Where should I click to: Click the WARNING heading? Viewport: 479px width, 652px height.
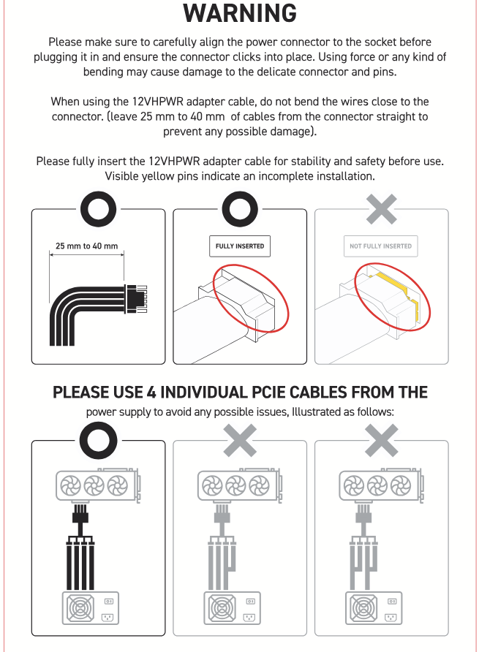pyautogui.click(x=240, y=13)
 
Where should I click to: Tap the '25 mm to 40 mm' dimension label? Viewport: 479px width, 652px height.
pyautogui.click(x=86, y=246)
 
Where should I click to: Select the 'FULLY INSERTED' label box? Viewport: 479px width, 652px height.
pyautogui.click(x=240, y=246)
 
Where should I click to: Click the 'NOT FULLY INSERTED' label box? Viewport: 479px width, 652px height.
pyautogui.click(x=380, y=246)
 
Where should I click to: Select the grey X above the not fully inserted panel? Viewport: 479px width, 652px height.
pyautogui.click(x=381, y=209)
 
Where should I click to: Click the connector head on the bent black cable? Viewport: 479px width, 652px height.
pyautogui.click(x=136, y=298)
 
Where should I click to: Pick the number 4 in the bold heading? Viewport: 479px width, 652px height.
pyautogui.click(x=151, y=393)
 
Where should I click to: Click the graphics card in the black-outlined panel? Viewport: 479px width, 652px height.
pyautogui.click(x=98, y=485)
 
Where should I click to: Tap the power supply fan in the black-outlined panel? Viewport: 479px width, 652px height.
pyautogui.click(x=80, y=608)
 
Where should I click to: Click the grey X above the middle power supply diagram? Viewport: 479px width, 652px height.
pyautogui.click(x=240, y=440)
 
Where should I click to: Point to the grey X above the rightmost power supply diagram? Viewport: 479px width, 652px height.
pyautogui.click(x=381, y=440)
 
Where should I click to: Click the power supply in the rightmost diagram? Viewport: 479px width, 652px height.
pyautogui.click(x=374, y=608)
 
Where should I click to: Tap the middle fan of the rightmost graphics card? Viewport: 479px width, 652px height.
pyautogui.click(x=377, y=485)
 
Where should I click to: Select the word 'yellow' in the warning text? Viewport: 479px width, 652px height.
pyautogui.click(x=159, y=176)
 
